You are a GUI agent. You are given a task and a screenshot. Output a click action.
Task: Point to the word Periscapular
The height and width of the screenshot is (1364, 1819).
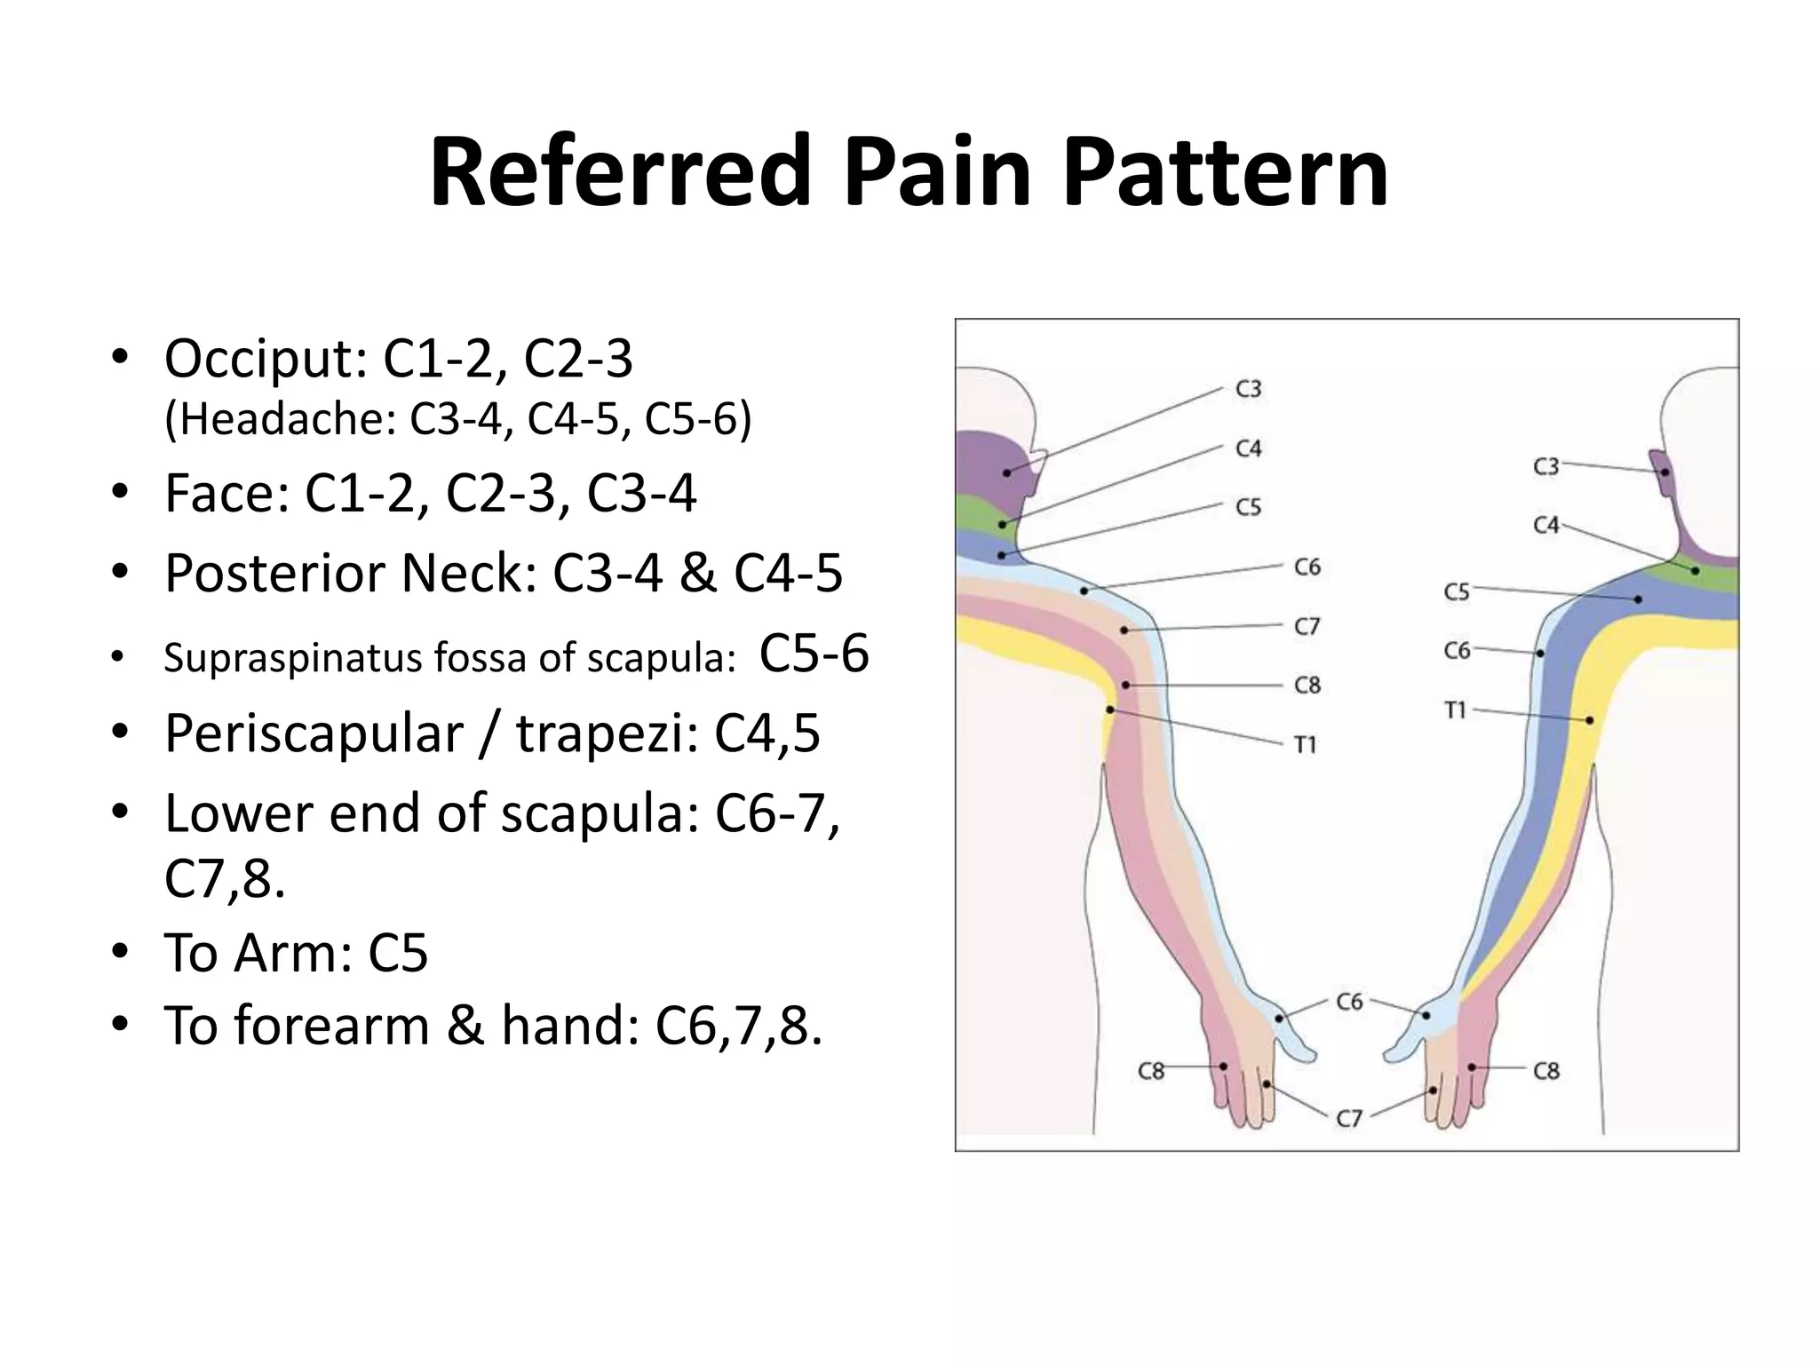pyautogui.click(x=314, y=734)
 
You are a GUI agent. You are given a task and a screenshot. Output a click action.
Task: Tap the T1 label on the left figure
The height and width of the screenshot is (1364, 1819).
pyautogui.click(x=1305, y=744)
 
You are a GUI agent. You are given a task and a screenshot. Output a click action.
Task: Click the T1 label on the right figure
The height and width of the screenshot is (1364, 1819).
pyautogui.click(x=1456, y=710)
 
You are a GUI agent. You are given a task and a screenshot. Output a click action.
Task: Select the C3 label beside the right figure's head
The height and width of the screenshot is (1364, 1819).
pyautogui.click(x=1546, y=466)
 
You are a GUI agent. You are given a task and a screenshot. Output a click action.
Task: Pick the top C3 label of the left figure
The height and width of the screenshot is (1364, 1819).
pyautogui.click(x=1249, y=389)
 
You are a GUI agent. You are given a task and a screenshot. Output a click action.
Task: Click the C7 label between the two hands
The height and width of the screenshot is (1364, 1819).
pyautogui.click(x=1349, y=1118)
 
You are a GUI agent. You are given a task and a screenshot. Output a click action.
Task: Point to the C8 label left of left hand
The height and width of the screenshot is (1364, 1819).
pyautogui.click(x=1151, y=1071)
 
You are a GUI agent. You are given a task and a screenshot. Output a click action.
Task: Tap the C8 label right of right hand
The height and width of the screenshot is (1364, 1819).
pyautogui.click(x=1546, y=1071)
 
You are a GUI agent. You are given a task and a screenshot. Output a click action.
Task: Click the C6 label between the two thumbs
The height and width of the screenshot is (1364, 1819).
pyautogui.click(x=1349, y=1002)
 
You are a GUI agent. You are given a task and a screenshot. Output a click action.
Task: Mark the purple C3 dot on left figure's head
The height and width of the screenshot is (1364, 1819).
pyautogui.click(x=1006, y=472)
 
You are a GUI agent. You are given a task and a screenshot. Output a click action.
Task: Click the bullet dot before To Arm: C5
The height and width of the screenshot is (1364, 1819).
pyautogui.click(x=121, y=953)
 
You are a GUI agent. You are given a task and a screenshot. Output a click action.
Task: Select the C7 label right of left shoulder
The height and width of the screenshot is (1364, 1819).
pyautogui.click(x=1307, y=627)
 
